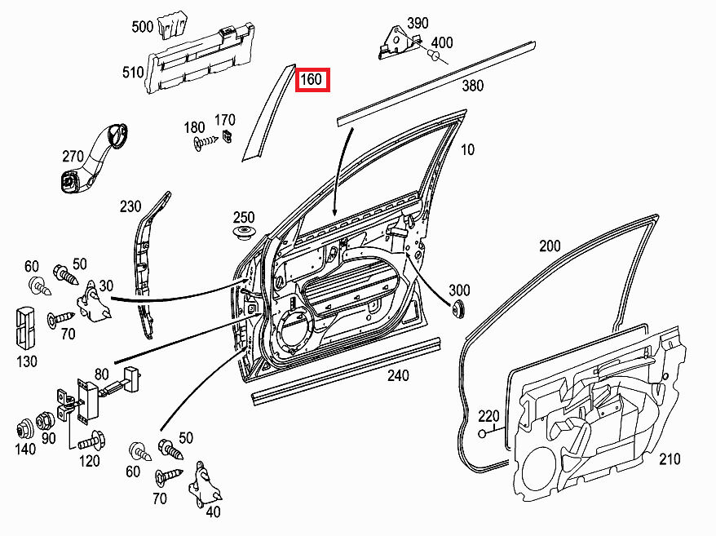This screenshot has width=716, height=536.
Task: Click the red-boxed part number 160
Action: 312,80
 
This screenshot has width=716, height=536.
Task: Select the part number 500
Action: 142,27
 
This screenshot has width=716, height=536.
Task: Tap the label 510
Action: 133,73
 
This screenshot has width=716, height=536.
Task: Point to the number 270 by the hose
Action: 73,154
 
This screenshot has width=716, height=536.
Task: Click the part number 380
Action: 473,85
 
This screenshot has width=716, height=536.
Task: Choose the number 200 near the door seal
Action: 550,246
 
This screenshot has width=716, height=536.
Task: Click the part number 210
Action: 669,459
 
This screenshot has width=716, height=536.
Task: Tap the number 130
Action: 27,361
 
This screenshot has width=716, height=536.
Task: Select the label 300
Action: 459,290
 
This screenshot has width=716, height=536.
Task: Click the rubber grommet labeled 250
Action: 242,236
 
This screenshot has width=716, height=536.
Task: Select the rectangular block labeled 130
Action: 26,327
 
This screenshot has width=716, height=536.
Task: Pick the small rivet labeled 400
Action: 435,56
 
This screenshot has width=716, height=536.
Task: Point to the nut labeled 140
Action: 25,427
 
